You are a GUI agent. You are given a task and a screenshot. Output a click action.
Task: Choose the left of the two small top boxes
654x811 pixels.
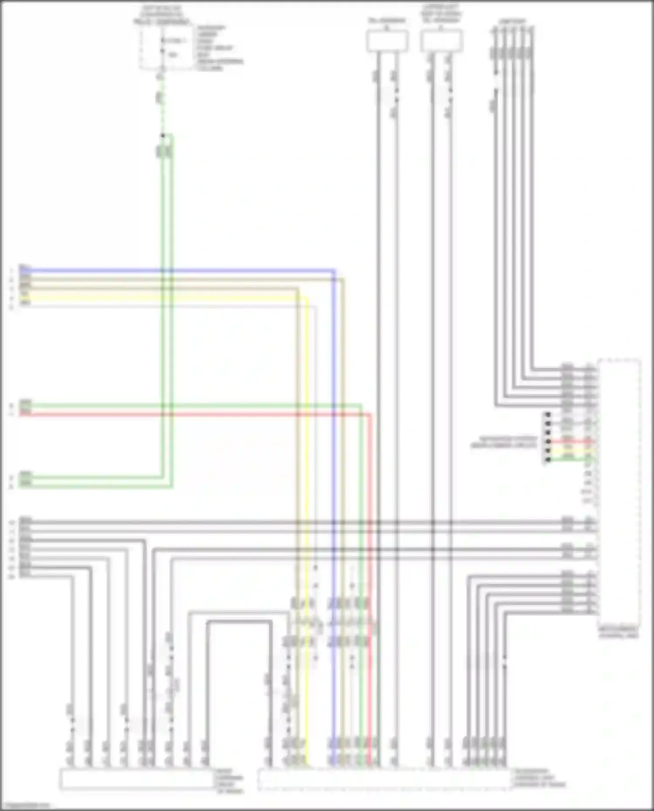(388, 41)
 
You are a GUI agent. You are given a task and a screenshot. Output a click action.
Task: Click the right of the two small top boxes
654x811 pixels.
(441, 41)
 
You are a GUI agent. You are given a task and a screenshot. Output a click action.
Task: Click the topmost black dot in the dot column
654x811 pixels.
(548, 414)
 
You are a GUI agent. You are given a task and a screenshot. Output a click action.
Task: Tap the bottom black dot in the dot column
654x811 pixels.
(548, 459)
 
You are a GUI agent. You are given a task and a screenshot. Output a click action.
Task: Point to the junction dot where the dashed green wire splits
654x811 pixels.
(163, 136)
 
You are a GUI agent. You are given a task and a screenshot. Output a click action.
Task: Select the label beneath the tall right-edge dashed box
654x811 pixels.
(619, 633)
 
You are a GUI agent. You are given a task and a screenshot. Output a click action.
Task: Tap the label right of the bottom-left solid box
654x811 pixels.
(230, 780)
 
